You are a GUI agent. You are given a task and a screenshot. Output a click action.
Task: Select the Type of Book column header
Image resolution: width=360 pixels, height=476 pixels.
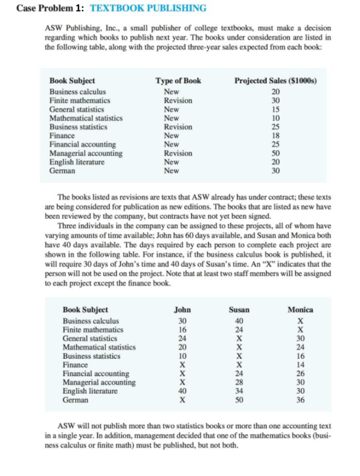coord(178,81)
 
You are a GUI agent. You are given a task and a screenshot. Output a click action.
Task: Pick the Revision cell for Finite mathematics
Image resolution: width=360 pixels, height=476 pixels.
coord(178,100)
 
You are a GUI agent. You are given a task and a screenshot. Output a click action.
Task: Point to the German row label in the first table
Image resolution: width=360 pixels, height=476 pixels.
coord(63,171)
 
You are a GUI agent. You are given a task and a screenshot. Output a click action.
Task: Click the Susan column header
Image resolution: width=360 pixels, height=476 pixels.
coord(239,310)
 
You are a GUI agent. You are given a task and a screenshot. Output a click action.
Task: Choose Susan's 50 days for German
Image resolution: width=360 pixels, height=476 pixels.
coord(239,400)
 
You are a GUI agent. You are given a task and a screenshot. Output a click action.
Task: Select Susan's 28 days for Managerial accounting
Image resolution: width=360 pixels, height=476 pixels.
coord(239,382)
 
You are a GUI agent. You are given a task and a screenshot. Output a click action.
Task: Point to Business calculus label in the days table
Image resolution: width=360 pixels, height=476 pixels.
coord(91,321)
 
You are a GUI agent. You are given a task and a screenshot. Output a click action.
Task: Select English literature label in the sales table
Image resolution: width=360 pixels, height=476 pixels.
coord(77,162)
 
